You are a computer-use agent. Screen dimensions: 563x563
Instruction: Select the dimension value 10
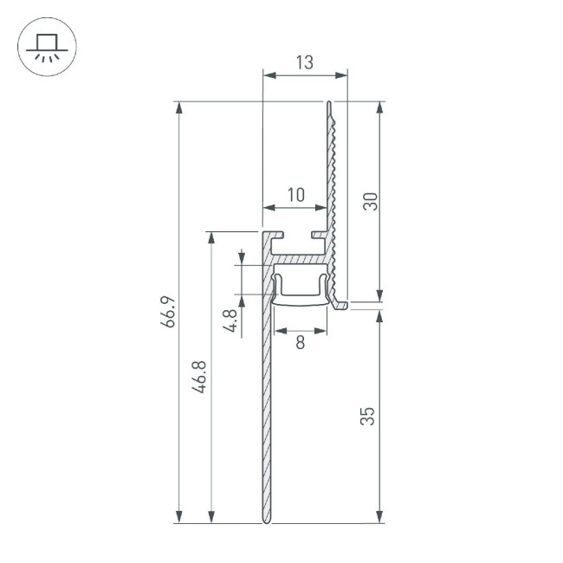[295, 195]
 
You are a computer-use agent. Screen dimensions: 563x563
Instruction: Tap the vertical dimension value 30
[370, 202]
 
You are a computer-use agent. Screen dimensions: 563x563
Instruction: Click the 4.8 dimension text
[230, 320]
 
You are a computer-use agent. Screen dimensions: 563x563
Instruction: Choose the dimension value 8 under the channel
[300, 342]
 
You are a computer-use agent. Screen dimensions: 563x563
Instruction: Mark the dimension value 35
[370, 415]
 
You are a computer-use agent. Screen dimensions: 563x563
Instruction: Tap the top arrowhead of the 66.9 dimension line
[179, 107]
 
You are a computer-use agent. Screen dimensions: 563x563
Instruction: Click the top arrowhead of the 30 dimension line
[379, 107]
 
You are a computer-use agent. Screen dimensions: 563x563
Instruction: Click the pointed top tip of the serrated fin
[329, 103]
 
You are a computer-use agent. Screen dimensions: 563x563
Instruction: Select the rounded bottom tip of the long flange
[266, 521]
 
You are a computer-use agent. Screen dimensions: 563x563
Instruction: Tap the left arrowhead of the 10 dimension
[268, 208]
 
